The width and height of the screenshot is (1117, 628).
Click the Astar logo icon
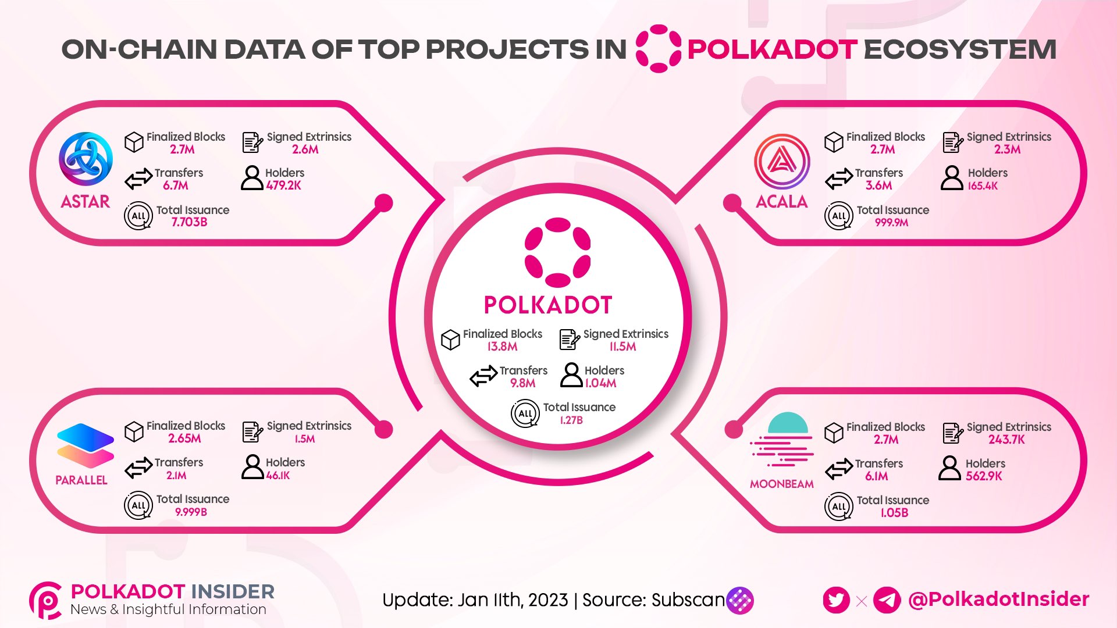pyautogui.click(x=86, y=159)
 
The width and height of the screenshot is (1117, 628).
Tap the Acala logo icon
pyautogui.click(x=782, y=161)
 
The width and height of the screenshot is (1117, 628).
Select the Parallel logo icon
pyautogui.click(x=86, y=446)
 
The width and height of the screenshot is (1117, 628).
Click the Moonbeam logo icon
pyautogui.click(x=781, y=440)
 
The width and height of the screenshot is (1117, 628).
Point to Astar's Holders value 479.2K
pyautogui.click(x=284, y=185)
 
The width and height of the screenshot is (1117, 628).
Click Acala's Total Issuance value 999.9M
pyautogui.click(x=891, y=222)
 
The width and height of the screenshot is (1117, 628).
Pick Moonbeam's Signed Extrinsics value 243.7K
pyautogui.click(x=1006, y=440)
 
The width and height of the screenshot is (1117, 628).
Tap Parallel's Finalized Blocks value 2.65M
pyautogui.click(x=184, y=438)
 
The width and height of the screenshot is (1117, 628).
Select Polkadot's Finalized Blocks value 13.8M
pyautogui.click(x=502, y=347)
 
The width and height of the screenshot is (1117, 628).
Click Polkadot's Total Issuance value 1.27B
pyautogui.click(x=571, y=420)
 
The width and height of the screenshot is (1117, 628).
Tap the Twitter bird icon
pyautogui.click(x=837, y=600)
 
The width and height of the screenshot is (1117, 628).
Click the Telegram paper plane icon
pyautogui.click(x=887, y=600)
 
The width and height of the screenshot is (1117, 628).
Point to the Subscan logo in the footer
pyautogui.click(x=740, y=600)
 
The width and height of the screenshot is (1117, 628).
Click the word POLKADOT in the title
pyautogui.click(x=772, y=49)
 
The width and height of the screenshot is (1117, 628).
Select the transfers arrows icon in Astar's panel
pyautogui.click(x=138, y=179)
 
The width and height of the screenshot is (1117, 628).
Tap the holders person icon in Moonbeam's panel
pyautogui.click(x=949, y=468)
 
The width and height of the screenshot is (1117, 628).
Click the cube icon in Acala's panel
pyautogui.click(x=834, y=142)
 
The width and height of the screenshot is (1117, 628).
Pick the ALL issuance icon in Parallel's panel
pyautogui.click(x=138, y=505)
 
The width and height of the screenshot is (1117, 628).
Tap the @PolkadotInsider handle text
pyautogui.click(x=998, y=600)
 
